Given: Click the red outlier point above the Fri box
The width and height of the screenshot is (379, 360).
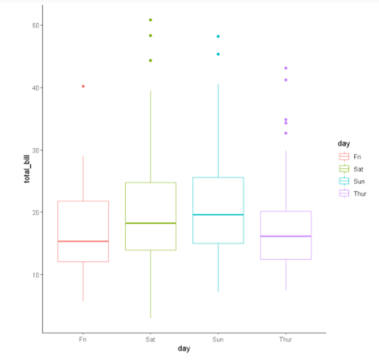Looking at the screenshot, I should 83,86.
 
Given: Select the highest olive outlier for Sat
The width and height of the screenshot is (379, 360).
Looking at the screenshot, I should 150,20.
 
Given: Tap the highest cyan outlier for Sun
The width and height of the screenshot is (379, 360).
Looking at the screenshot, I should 218,37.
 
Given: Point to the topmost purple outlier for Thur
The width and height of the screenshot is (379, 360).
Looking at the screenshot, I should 286,68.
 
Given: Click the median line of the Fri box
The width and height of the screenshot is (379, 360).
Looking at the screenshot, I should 83,242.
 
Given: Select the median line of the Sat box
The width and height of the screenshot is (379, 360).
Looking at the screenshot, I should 150,223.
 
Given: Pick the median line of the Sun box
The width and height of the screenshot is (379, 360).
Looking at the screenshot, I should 218,214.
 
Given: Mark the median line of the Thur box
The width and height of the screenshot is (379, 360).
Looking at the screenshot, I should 286,236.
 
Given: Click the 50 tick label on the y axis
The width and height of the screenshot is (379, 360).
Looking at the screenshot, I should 37,25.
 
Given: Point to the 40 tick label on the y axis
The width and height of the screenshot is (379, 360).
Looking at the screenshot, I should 37,87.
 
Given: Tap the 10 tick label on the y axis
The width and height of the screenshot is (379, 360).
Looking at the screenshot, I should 37,274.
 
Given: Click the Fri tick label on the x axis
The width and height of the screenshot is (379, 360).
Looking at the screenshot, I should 83,339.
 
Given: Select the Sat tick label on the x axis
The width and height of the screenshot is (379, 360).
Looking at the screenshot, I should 150,339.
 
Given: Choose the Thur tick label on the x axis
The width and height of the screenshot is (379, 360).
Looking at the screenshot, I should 286,339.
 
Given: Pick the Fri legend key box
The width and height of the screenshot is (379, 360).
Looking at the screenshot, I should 345,157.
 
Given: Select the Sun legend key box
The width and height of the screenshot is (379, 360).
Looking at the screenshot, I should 345,181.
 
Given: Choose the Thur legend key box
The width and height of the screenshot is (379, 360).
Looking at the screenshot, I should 345,194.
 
